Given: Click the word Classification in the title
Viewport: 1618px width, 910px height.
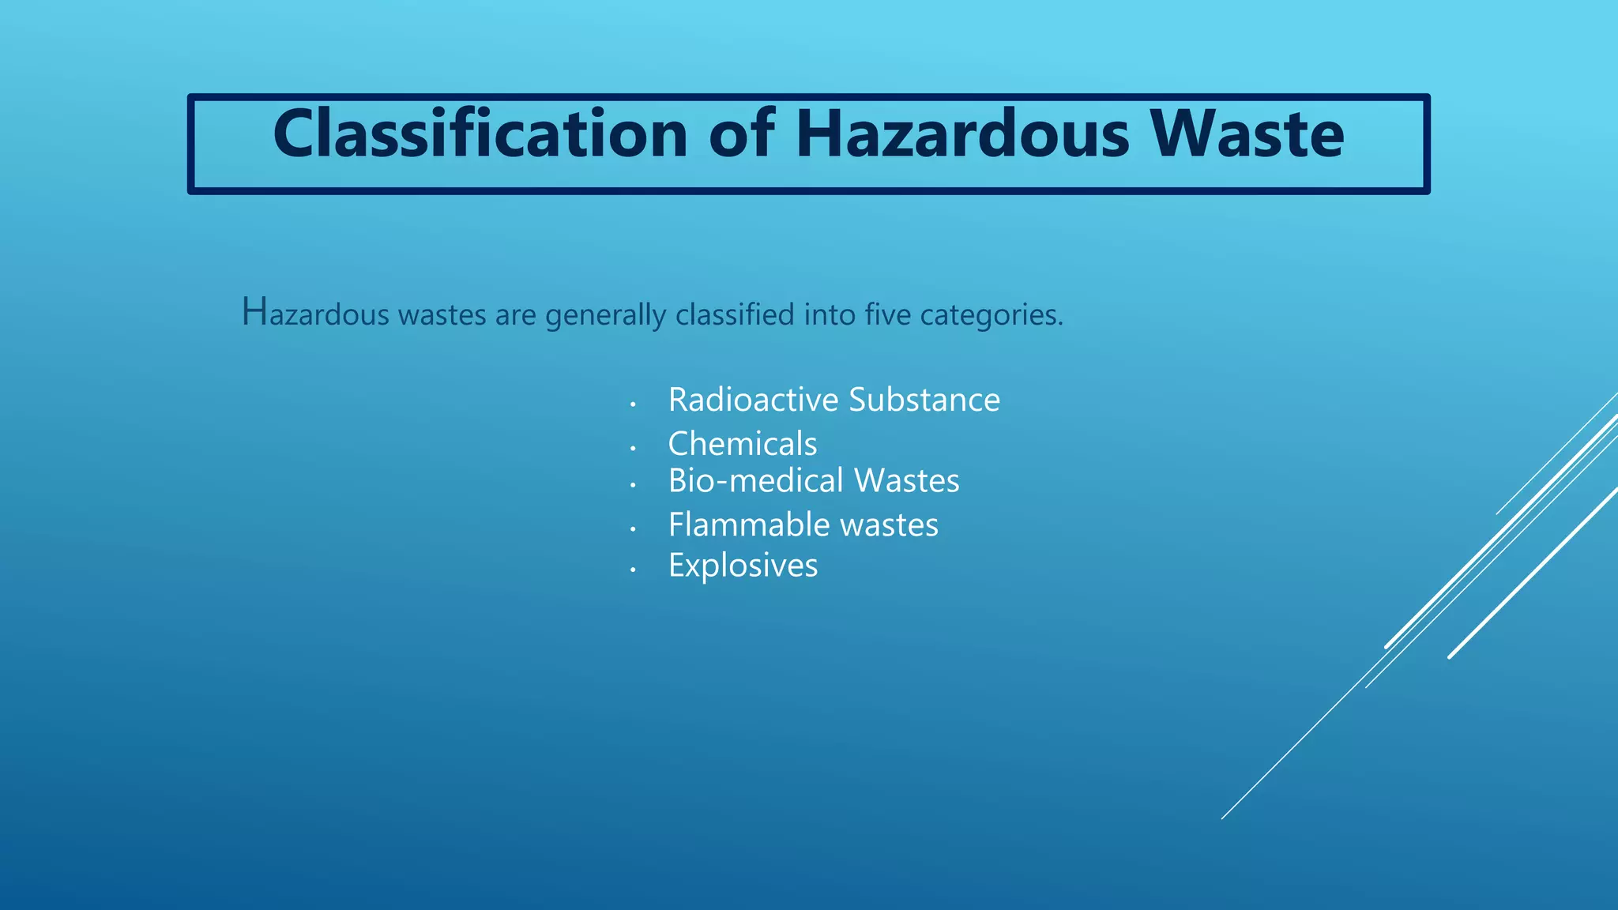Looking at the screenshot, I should (480, 134).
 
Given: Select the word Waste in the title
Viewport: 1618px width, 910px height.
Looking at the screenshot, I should (1247, 134).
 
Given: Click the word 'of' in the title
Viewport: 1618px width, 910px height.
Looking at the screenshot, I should (742, 134).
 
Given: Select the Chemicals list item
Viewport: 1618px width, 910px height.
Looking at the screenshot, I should (743, 444).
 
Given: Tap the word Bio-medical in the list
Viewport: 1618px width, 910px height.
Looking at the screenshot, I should (756, 481).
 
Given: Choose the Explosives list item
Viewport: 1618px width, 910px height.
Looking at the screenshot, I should (743, 566).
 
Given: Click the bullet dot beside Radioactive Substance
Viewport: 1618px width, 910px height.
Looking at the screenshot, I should (633, 404).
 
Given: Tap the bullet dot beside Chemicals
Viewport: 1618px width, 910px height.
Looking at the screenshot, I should (633, 448).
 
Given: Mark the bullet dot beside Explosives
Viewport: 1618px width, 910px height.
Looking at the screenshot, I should (633, 570).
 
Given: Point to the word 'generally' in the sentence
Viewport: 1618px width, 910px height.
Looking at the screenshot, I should (606, 315).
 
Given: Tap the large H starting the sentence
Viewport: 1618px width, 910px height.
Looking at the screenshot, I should (255, 311).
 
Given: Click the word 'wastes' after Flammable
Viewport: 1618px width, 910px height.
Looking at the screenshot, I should (889, 525).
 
